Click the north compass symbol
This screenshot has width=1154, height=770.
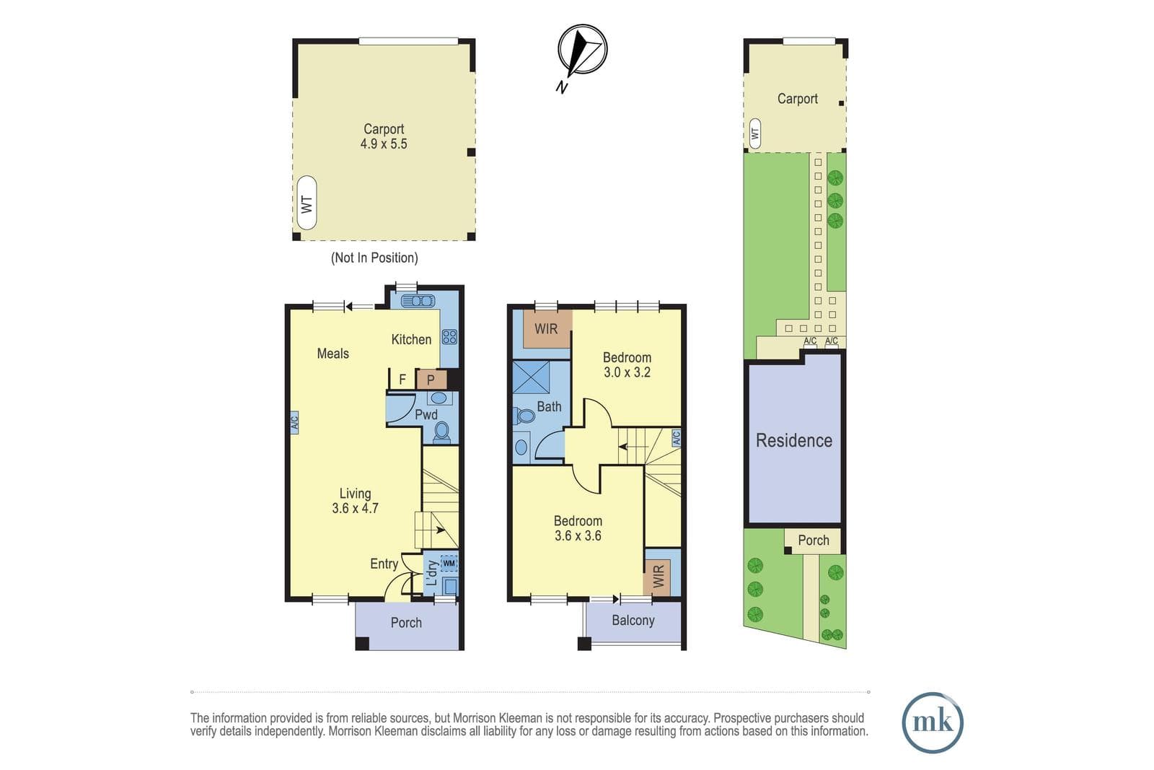pyautogui.click(x=582, y=50)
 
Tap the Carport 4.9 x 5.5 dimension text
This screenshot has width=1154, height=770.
pyautogui.click(x=383, y=144)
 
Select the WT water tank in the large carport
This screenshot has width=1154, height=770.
pyautogui.click(x=307, y=203)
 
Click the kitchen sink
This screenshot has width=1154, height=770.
pyautogui.click(x=418, y=300)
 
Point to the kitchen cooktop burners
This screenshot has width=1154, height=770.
pyautogui.click(x=449, y=337)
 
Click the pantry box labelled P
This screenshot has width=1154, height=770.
pyautogui.click(x=431, y=380)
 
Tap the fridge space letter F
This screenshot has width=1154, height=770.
pyautogui.click(x=402, y=380)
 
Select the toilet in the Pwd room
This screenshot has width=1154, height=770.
pyautogui.click(x=441, y=432)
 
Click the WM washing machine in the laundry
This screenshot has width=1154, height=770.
pyautogui.click(x=449, y=563)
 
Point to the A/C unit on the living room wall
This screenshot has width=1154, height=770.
pyautogui.click(x=294, y=423)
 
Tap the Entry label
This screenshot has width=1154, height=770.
pyautogui.click(x=384, y=564)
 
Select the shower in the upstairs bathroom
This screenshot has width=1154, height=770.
pyautogui.click(x=531, y=378)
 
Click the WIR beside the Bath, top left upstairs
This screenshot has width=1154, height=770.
pyautogui.click(x=546, y=328)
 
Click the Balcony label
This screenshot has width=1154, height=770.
pyautogui.click(x=633, y=621)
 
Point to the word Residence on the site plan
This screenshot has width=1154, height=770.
pyautogui.click(x=794, y=441)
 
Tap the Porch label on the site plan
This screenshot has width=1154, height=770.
pyautogui.click(x=814, y=540)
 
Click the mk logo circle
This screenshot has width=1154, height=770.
pyautogui.click(x=933, y=722)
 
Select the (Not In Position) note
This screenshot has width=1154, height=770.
pyautogui.click(x=374, y=258)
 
